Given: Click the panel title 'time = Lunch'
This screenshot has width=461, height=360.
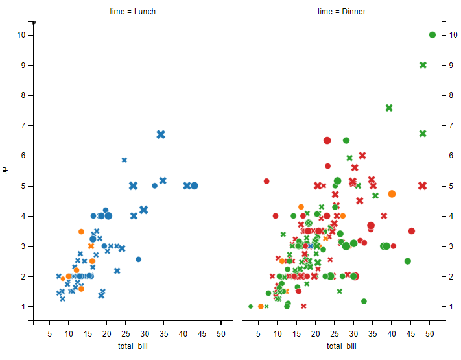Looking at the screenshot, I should (132, 12).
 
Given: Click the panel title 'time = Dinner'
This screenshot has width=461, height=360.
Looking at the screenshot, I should (342, 12).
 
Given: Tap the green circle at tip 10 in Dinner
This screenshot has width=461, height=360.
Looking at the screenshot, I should (432, 35).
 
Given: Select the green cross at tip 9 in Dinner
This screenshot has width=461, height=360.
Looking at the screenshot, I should (423, 65).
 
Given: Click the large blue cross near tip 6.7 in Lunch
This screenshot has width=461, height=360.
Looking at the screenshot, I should (161, 134).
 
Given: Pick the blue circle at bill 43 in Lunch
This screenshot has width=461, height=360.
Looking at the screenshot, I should (194, 186).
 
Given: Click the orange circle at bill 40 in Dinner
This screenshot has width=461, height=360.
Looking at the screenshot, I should (392, 194).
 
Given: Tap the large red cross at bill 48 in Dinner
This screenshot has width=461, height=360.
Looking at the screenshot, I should (422, 186).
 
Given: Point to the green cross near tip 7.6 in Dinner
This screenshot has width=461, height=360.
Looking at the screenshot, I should (389, 108).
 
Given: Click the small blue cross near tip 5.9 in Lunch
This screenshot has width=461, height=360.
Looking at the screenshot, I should (124, 160).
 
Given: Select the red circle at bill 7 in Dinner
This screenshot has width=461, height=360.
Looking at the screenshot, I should (266, 181).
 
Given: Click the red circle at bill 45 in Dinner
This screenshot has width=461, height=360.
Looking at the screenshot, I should (412, 231).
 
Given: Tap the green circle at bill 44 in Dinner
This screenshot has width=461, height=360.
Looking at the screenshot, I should (408, 261).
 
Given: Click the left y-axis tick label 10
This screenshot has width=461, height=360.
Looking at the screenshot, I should (21, 35).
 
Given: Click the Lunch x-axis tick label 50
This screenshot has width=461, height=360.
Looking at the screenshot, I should (220, 334).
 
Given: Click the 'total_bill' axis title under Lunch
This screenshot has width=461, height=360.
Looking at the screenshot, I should (132, 346).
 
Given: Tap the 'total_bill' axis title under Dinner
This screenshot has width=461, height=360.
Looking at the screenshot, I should (342, 346).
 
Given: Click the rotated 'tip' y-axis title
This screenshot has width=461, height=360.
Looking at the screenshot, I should (5, 171).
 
